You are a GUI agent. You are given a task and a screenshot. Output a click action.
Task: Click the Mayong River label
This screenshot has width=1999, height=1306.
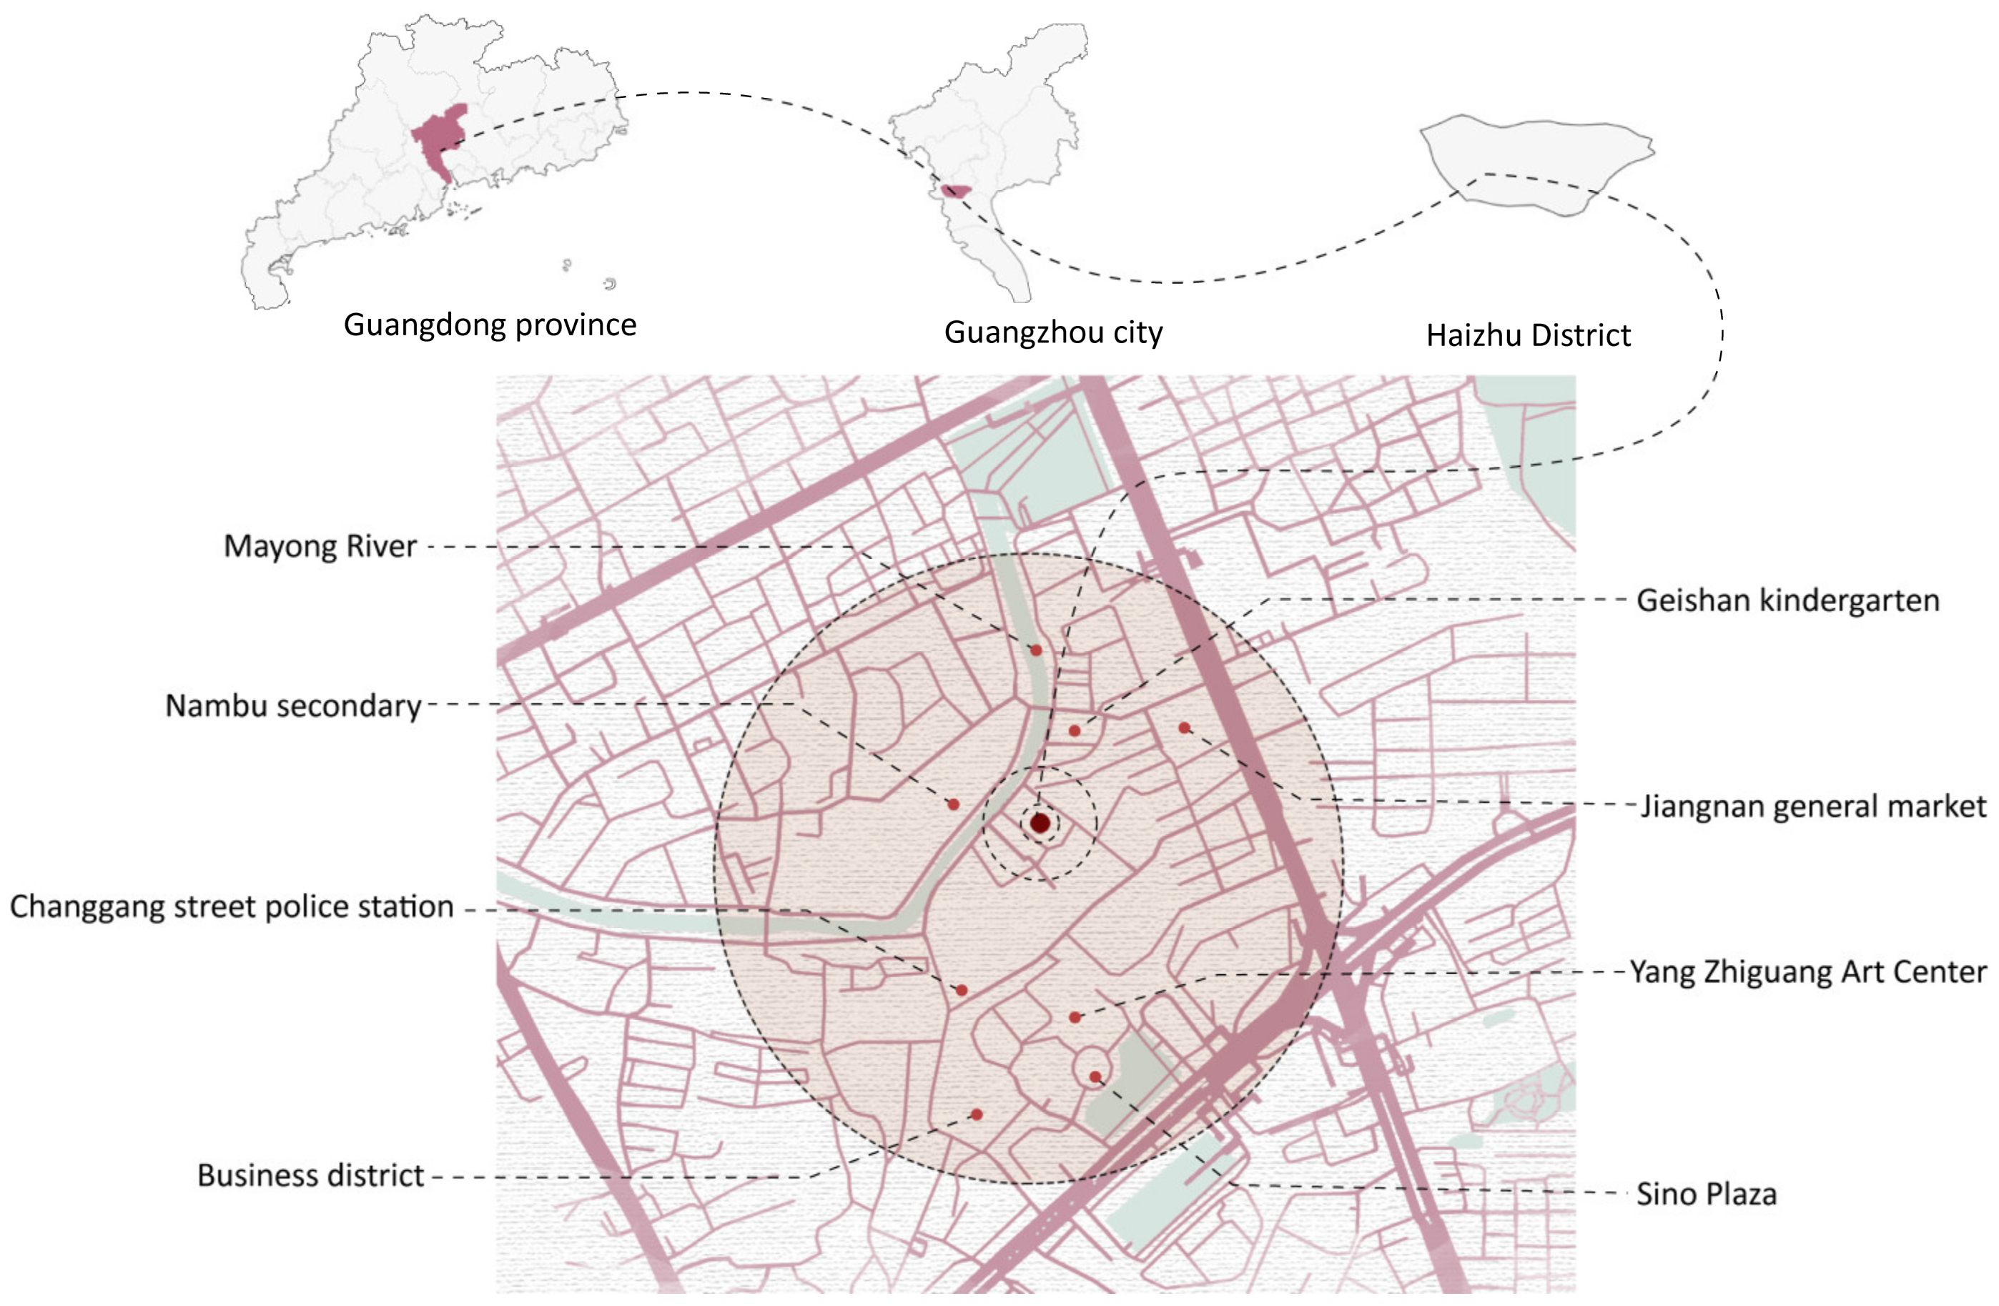[320, 547]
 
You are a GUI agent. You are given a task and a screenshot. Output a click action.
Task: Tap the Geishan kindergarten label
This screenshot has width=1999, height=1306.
[1787, 600]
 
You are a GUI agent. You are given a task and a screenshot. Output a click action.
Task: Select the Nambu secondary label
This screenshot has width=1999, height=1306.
[293, 706]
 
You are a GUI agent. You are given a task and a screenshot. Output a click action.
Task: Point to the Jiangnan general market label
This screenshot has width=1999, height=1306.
[1813, 806]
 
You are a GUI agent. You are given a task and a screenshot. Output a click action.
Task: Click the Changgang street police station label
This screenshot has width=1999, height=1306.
[232, 907]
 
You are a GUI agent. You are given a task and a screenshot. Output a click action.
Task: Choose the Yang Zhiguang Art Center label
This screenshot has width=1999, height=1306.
[1807, 971]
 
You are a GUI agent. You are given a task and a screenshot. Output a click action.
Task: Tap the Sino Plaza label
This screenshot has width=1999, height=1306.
[1706, 1194]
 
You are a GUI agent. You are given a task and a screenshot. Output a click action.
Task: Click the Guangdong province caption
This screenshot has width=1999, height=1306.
[490, 325]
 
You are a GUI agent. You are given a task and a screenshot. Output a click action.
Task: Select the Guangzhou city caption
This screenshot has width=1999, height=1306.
[1053, 332]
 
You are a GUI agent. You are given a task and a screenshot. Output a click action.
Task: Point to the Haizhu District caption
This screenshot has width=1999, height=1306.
[1528, 335]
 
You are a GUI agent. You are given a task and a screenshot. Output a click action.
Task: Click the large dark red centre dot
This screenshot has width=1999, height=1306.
[1040, 823]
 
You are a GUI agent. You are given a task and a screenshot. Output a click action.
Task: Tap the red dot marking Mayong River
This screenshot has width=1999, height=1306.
[1037, 650]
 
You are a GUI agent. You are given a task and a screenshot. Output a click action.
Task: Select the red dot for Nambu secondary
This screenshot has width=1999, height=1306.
[953, 805]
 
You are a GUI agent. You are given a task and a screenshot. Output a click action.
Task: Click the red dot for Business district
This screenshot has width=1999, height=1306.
[977, 1114]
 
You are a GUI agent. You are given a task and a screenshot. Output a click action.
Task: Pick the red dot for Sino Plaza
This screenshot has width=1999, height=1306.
[1095, 1077]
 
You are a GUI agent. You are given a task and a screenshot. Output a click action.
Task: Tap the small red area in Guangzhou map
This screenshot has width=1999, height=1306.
[954, 192]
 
